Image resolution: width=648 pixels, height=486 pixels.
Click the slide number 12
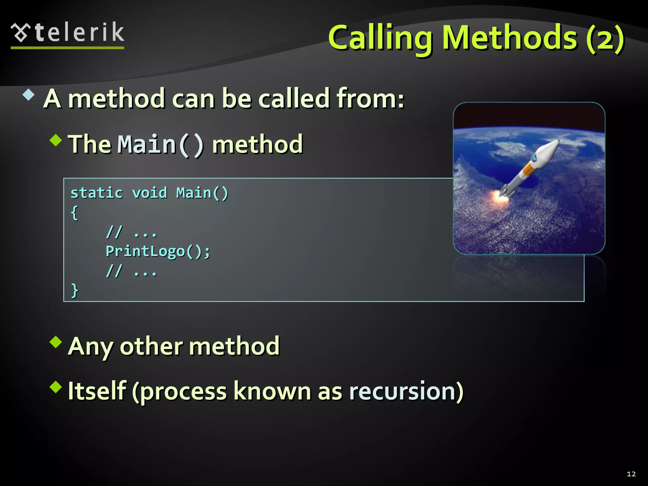click(631, 474)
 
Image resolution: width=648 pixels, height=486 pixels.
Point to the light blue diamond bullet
click(28, 95)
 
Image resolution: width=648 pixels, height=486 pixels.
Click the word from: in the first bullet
click(370, 98)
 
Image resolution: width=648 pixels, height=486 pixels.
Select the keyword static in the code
click(97, 193)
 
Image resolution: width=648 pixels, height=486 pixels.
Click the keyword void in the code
click(149, 193)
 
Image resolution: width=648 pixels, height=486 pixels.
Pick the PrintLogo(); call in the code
click(158, 252)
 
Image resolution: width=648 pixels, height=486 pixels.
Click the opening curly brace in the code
click(74, 213)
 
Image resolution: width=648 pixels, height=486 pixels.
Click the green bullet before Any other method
click(56, 342)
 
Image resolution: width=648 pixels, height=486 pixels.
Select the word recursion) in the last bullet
click(406, 391)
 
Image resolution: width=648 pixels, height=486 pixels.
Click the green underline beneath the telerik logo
click(67, 48)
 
